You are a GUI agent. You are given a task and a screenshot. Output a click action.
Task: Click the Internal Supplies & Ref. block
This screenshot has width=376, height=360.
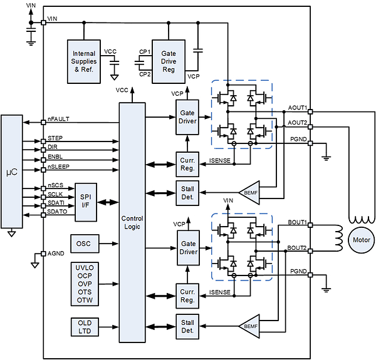pyautogui.click(x=84, y=61)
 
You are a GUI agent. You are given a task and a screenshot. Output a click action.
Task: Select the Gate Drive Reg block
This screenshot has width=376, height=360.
pyautogui.click(x=169, y=61)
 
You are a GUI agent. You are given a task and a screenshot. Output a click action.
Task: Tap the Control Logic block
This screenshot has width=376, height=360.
pyautogui.click(x=132, y=222)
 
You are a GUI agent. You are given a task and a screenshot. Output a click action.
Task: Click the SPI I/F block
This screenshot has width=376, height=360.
pyautogui.click(x=86, y=202)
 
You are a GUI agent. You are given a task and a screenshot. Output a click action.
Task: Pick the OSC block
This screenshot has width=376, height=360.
pyautogui.click(x=85, y=244)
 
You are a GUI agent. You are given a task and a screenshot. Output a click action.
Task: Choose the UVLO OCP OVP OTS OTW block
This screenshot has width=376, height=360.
pyautogui.click(x=85, y=284)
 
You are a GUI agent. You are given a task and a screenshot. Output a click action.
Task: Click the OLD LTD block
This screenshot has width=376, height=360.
pyautogui.click(x=85, y=327)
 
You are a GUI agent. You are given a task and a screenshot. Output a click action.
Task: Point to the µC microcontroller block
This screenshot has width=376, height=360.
pyautogui.click(x=12, y=172)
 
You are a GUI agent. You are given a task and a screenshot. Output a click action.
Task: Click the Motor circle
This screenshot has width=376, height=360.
pyautogui.click(x=362, y=240)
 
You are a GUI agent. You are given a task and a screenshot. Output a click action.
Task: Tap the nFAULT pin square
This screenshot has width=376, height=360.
pyautogui.click(x=43, y=122)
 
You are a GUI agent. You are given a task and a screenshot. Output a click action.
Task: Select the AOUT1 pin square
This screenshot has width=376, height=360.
pyautogui.click(x=310, y=111)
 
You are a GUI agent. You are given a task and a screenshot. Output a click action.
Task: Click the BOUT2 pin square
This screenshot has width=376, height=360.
pyautogui.click(x=310, y=251)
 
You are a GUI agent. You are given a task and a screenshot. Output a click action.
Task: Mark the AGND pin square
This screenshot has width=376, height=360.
pyautogui.click(x=43, y=254)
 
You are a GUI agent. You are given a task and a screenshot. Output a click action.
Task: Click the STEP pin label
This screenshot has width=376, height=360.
pyautogui.click(x=55, y=138)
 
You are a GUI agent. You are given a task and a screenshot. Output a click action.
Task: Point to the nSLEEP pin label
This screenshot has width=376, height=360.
pyautogui.click(x=58, y=167)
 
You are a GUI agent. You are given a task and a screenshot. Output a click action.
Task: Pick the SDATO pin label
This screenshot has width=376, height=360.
pyautogui.click(x=57, y=212)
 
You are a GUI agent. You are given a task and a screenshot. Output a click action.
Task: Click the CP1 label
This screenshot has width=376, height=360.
pyautogui.click(x=145, y=52)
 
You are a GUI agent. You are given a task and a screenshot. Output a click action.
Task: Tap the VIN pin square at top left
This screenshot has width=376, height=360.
pyautogui.click(x=43, y=23)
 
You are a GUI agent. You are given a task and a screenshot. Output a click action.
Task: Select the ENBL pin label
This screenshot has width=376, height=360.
pyautogui.click(x=55, y=157)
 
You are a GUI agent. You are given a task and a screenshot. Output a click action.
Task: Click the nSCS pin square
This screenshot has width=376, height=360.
pyautogui.click(x=43, y=188)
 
